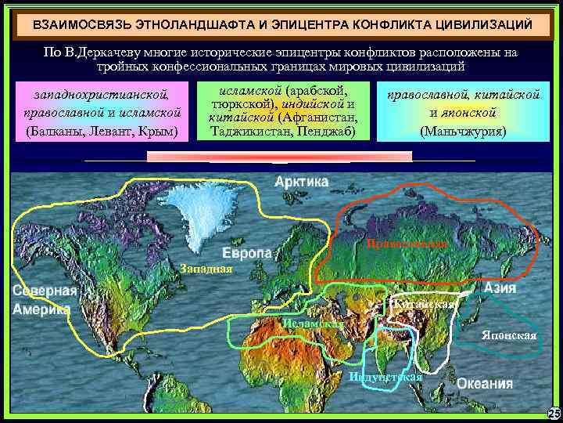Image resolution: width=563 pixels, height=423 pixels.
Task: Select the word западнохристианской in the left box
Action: pos(102,96)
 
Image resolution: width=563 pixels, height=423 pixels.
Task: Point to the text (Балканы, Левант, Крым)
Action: pos(102,129)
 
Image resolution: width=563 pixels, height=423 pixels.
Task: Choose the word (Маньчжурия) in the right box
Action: pos(463,129)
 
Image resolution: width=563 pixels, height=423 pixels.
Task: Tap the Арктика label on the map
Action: pos(302,182)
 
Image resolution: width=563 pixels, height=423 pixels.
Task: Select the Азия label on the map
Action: pos(499,288)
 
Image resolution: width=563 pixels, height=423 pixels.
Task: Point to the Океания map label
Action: pos(485,384)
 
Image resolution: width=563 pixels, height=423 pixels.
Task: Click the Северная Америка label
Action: pos(45,299)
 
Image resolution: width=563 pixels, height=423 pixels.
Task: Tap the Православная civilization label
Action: pos(407,245)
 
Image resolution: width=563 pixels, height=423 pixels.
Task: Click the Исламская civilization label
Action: pos(313,324)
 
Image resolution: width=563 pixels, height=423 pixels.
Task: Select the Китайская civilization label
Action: pos(425,304)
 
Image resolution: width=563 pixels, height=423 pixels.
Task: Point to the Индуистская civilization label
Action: pos(385,378)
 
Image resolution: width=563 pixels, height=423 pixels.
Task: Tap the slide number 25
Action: pos(554,413)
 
